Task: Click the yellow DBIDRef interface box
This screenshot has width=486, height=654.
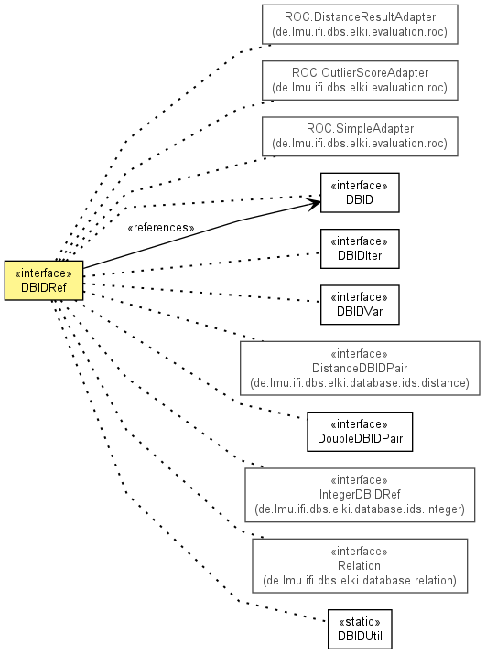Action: coord(44,280)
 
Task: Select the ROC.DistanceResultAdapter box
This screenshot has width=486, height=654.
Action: coord(360,24)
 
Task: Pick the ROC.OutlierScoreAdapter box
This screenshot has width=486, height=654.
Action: coord(360,80)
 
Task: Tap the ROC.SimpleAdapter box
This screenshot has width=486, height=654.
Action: coord(360,136)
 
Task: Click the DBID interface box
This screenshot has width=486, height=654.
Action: coord(360,193)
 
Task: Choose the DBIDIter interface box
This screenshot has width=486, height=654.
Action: coord(360,249)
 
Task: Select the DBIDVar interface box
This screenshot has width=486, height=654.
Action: coord(360,305)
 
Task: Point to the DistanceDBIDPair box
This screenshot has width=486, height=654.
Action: coord(360,369)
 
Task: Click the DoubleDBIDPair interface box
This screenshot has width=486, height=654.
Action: coord(360,432)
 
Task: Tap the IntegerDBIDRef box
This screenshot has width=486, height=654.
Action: coord(360,495)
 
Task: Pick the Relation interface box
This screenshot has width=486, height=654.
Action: coord(360,566)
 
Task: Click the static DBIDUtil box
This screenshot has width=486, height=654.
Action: coord(360,629)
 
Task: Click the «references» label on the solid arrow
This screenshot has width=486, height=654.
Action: coord(161,228)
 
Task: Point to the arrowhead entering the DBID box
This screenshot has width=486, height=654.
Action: coord(315,204)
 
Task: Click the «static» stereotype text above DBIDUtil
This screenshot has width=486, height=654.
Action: coord(360,622)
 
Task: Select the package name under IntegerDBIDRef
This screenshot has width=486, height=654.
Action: coord(360,509)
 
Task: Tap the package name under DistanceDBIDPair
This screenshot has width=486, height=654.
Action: coord(360,383)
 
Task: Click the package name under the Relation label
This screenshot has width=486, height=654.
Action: coord(360,580)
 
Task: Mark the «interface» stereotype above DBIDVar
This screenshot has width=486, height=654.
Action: coord(359,297)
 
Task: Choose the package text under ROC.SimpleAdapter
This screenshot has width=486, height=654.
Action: coord(360,144)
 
